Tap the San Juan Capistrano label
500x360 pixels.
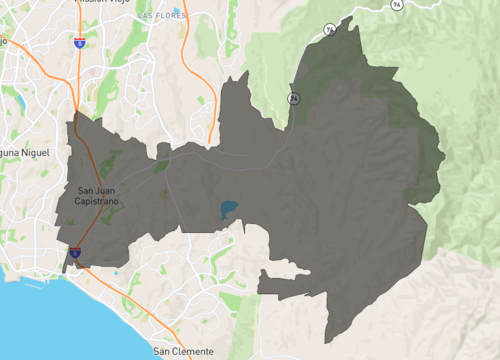[97, 195]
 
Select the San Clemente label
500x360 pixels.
[183, 352]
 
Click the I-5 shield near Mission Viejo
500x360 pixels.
[79, 43]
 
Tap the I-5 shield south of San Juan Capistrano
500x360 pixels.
[76, 254]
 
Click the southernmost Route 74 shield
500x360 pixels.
[294, 99]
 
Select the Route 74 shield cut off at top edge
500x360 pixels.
[397, 4]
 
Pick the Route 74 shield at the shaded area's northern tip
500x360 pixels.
[330, 30]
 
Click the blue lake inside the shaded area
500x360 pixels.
[229, 210]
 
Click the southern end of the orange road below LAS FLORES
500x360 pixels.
[209, 143]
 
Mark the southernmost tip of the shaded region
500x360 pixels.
[333, 340]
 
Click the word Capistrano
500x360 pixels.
[97, 201]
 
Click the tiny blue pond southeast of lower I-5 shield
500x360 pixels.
[117, 272]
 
